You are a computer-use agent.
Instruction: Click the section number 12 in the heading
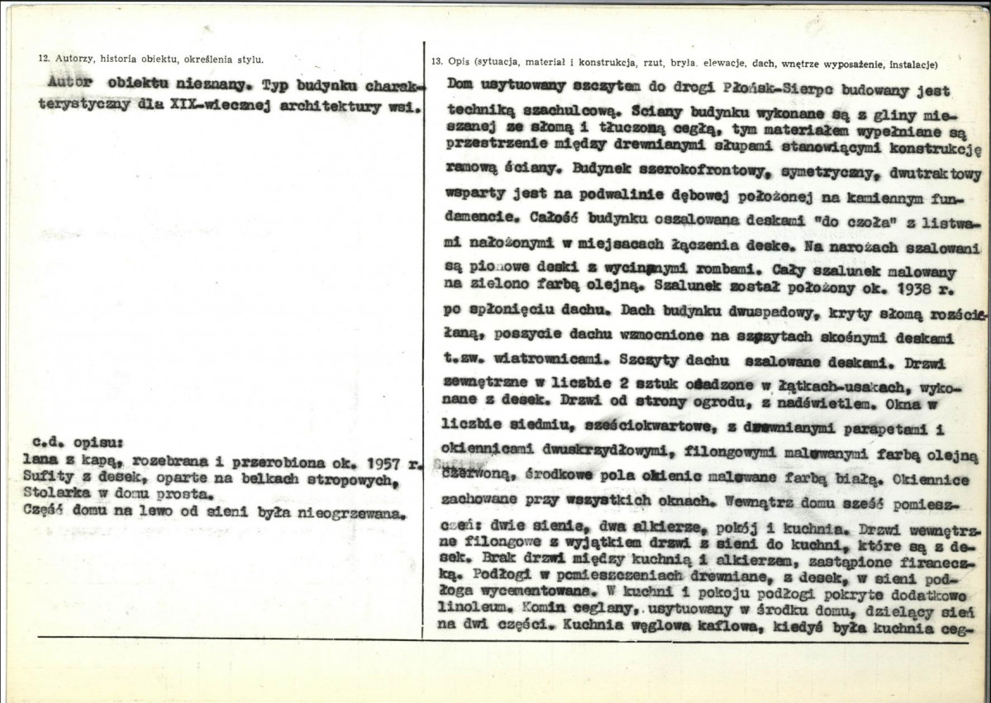(x=44, y=59)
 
